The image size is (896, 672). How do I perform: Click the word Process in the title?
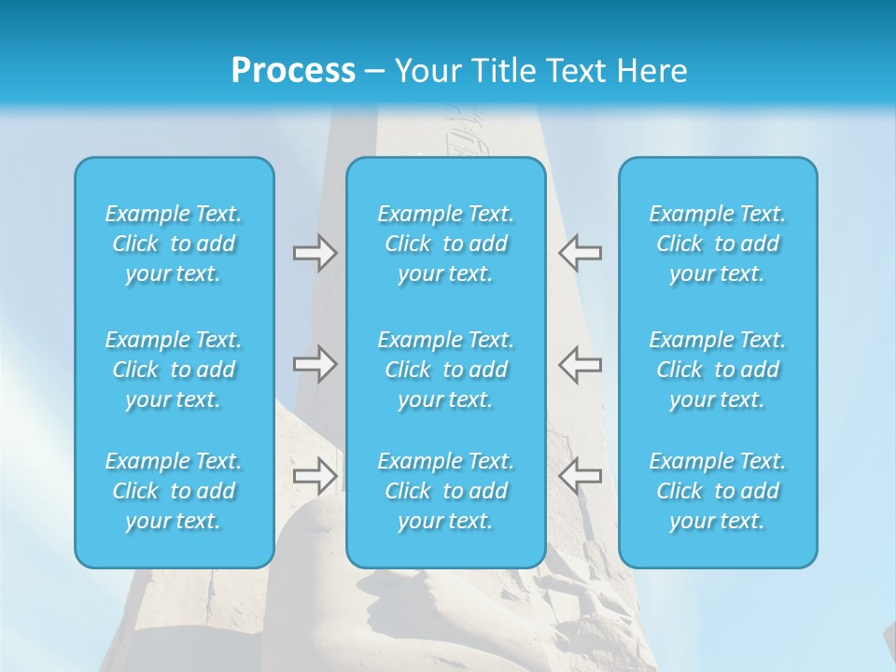tap(293, 71)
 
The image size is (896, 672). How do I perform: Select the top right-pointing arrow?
tap(315, 253)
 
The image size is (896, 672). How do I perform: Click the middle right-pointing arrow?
tap(315, 363)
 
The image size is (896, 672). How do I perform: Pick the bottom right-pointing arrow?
tap(315, 475)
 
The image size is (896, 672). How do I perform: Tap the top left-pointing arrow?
tap(580, 253)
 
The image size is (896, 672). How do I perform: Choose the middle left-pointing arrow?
tap(580, 363)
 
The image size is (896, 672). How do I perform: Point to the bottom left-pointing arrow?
tap(580, 475)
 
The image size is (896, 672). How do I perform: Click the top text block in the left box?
tap(174, 244)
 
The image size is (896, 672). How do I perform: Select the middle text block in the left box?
tap(174, 370)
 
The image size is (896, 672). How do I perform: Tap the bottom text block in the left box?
tap(174, 491)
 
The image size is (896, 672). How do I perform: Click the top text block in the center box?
tap(446, 244)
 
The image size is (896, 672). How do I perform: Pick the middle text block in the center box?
tap(446, 370)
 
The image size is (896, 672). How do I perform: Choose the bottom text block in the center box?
tap(446, 491)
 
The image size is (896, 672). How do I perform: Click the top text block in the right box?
tap(718, 244)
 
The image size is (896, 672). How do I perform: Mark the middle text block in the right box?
tap(718, 370)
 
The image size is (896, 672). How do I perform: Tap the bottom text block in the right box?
tap(718, 491)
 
